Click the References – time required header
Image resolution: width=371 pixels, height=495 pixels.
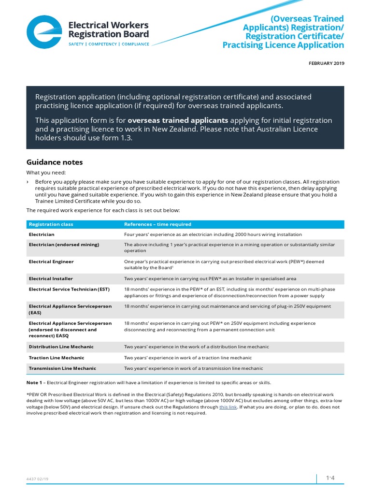click(157, 224)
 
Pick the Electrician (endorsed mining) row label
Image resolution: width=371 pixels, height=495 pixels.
click(64, 245)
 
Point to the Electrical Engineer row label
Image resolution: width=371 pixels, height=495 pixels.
click(51, 262)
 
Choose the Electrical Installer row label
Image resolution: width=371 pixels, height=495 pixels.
click(50, 278)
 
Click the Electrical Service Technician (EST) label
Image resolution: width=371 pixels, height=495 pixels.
click(69, 289)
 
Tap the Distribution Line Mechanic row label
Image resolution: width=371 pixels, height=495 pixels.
click(61, 347)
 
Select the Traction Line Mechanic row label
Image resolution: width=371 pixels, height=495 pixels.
click(57, 358)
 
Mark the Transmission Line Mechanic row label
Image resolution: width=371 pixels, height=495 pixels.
click(62, 368)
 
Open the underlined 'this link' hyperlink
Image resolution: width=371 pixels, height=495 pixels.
click(228, 407)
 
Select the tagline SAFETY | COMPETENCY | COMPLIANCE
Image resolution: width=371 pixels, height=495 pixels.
click(109, 44)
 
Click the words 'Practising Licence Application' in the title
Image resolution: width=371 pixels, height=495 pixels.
click(283, 45)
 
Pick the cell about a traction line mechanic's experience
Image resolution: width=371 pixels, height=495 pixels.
click(188, 358)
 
